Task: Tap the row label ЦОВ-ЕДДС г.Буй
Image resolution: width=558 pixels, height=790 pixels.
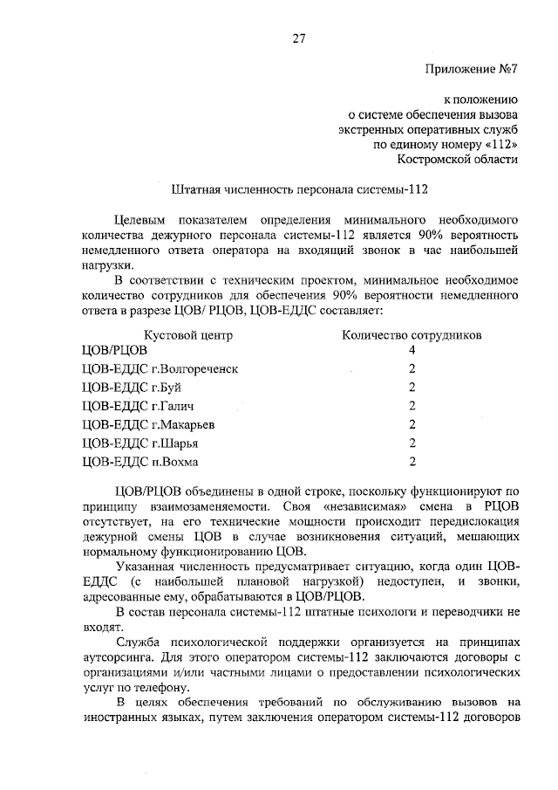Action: [x=131, y=387]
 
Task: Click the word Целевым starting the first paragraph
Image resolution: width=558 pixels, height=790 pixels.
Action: [x=145, y=218]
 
